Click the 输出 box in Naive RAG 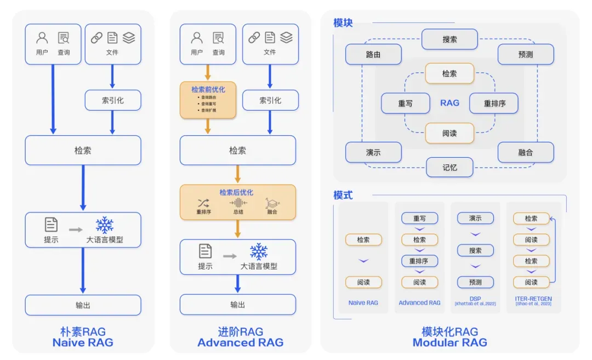(83, 305)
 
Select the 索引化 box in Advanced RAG (270, 100)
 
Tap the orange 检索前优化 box (208, 100)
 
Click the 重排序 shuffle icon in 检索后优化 (203, 203)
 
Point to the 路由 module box (373, 55)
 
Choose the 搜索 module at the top (449, 39)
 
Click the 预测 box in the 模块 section (525, 55)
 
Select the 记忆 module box (449, 167)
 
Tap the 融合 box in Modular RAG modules (525, 152)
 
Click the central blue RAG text (449, 103)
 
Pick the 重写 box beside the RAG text (405, 103)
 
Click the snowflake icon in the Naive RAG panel (104, 225)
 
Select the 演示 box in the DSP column (475, 218)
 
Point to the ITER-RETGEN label (533, 299)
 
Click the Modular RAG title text (449, 342)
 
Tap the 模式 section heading (343, 195)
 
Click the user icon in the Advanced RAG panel (197, 38)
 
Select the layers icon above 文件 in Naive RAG (129, 38)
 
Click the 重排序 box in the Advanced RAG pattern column (419, 261)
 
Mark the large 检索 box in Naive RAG (83, 150)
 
